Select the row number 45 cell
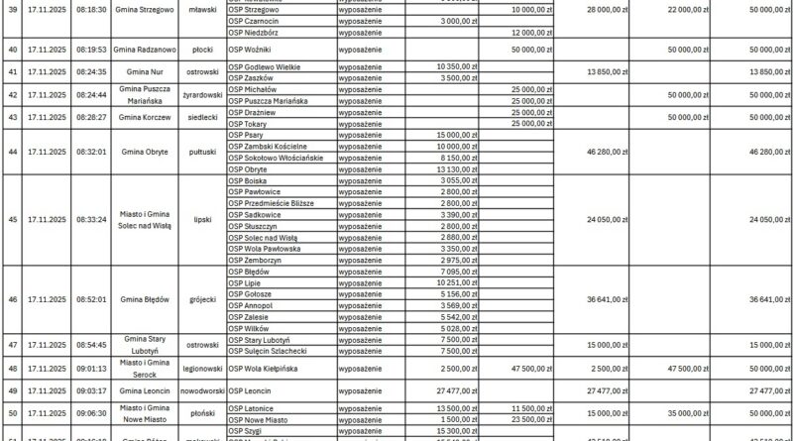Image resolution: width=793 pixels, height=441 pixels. coord(13,220)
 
